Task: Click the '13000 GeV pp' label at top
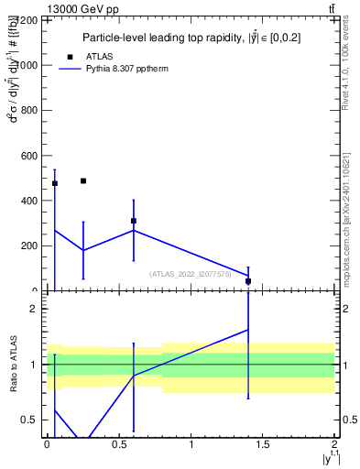(x=82, y=9)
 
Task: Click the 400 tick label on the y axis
(x=29, y=201)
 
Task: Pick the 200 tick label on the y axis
(x=29, y=245)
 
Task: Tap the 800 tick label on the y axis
(x=29, y=111)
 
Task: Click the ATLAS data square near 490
(x=83, y=181)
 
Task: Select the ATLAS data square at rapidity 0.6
(x=134, y=221)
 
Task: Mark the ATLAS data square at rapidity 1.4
(x=248, y=281)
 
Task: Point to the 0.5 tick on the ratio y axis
(x=33, y=420)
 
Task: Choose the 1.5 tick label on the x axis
(x=263, y=443)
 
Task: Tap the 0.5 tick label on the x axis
(x=119, y=443)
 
